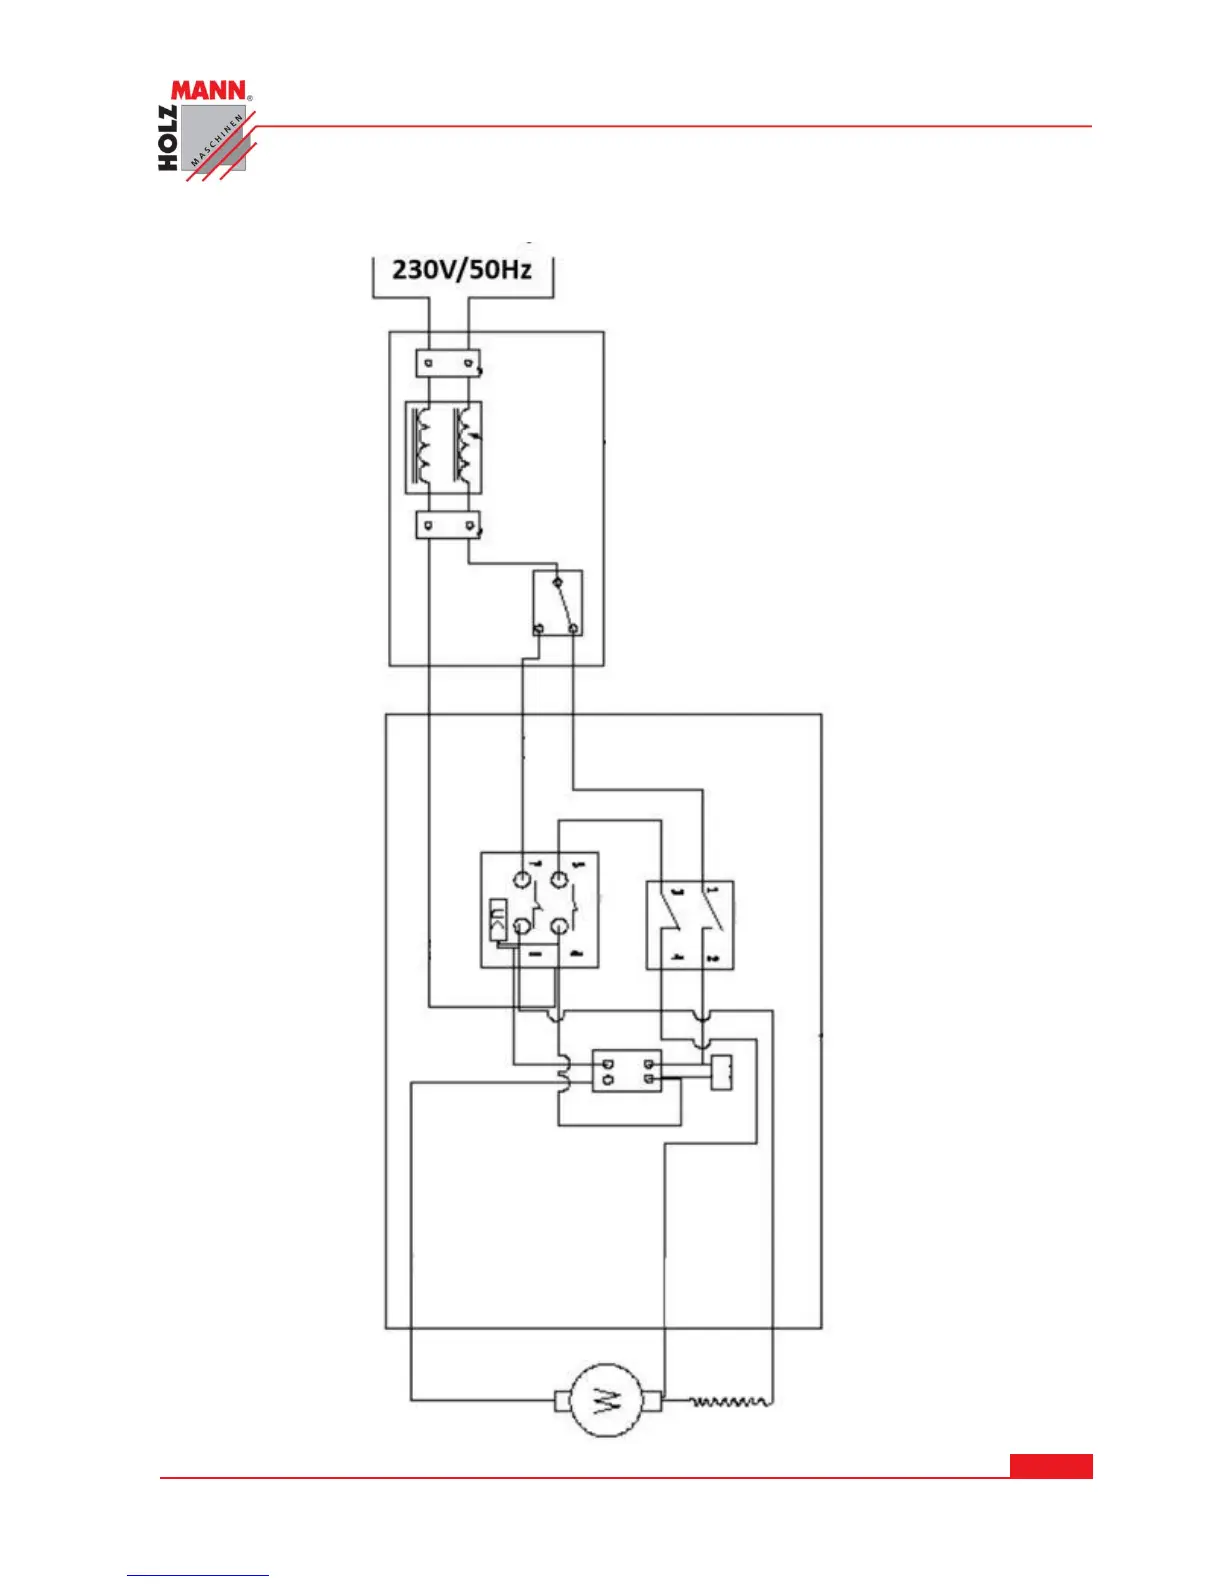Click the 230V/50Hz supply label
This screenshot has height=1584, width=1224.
462,269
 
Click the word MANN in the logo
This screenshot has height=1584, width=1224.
208,91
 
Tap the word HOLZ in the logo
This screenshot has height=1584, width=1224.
168,138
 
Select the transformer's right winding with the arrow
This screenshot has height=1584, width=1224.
464,447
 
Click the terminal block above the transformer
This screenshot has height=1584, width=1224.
447,362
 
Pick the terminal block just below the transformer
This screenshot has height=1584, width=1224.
447,525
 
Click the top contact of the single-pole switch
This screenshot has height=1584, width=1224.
557,581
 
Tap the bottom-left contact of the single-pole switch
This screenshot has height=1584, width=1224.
539,628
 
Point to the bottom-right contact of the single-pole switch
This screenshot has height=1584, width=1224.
573,628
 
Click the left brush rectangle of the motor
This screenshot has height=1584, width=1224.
562,1401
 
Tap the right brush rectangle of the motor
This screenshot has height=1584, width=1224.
651,1401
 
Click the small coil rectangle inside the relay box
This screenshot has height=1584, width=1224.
497,920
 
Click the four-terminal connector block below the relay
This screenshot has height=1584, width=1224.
627,1071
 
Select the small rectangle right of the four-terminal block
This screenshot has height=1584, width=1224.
721,1072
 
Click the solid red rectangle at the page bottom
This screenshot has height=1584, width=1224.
1051,1465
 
